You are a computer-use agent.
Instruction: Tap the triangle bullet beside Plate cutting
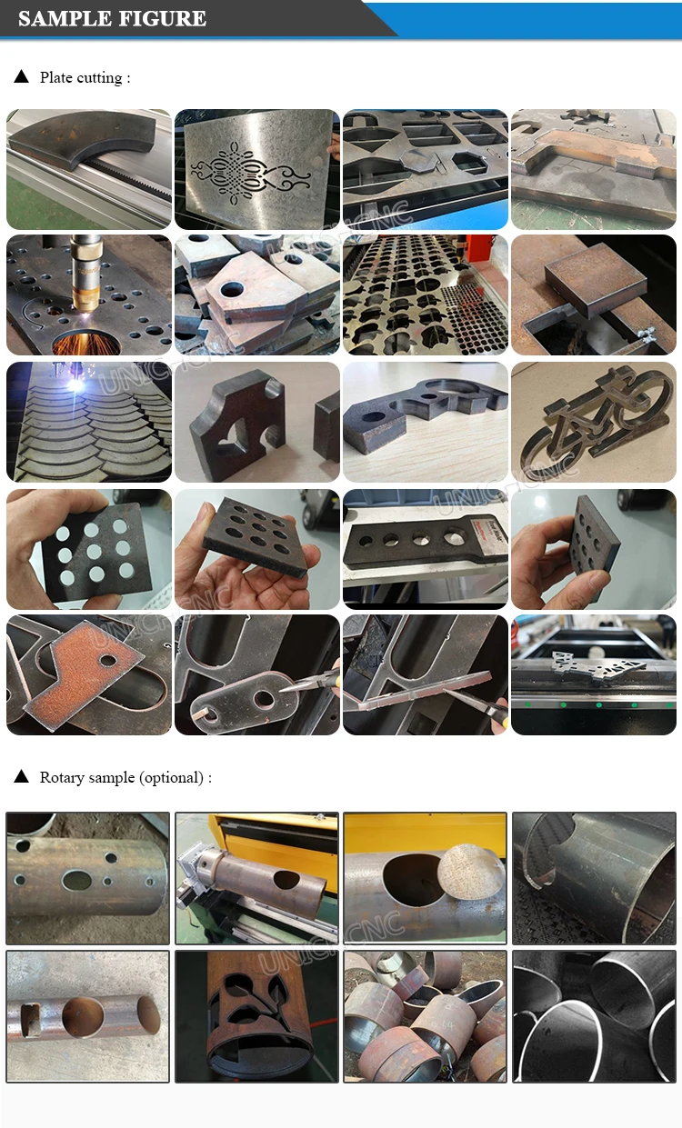pos(22,77)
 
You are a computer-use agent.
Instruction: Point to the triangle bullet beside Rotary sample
pos(22,777)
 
